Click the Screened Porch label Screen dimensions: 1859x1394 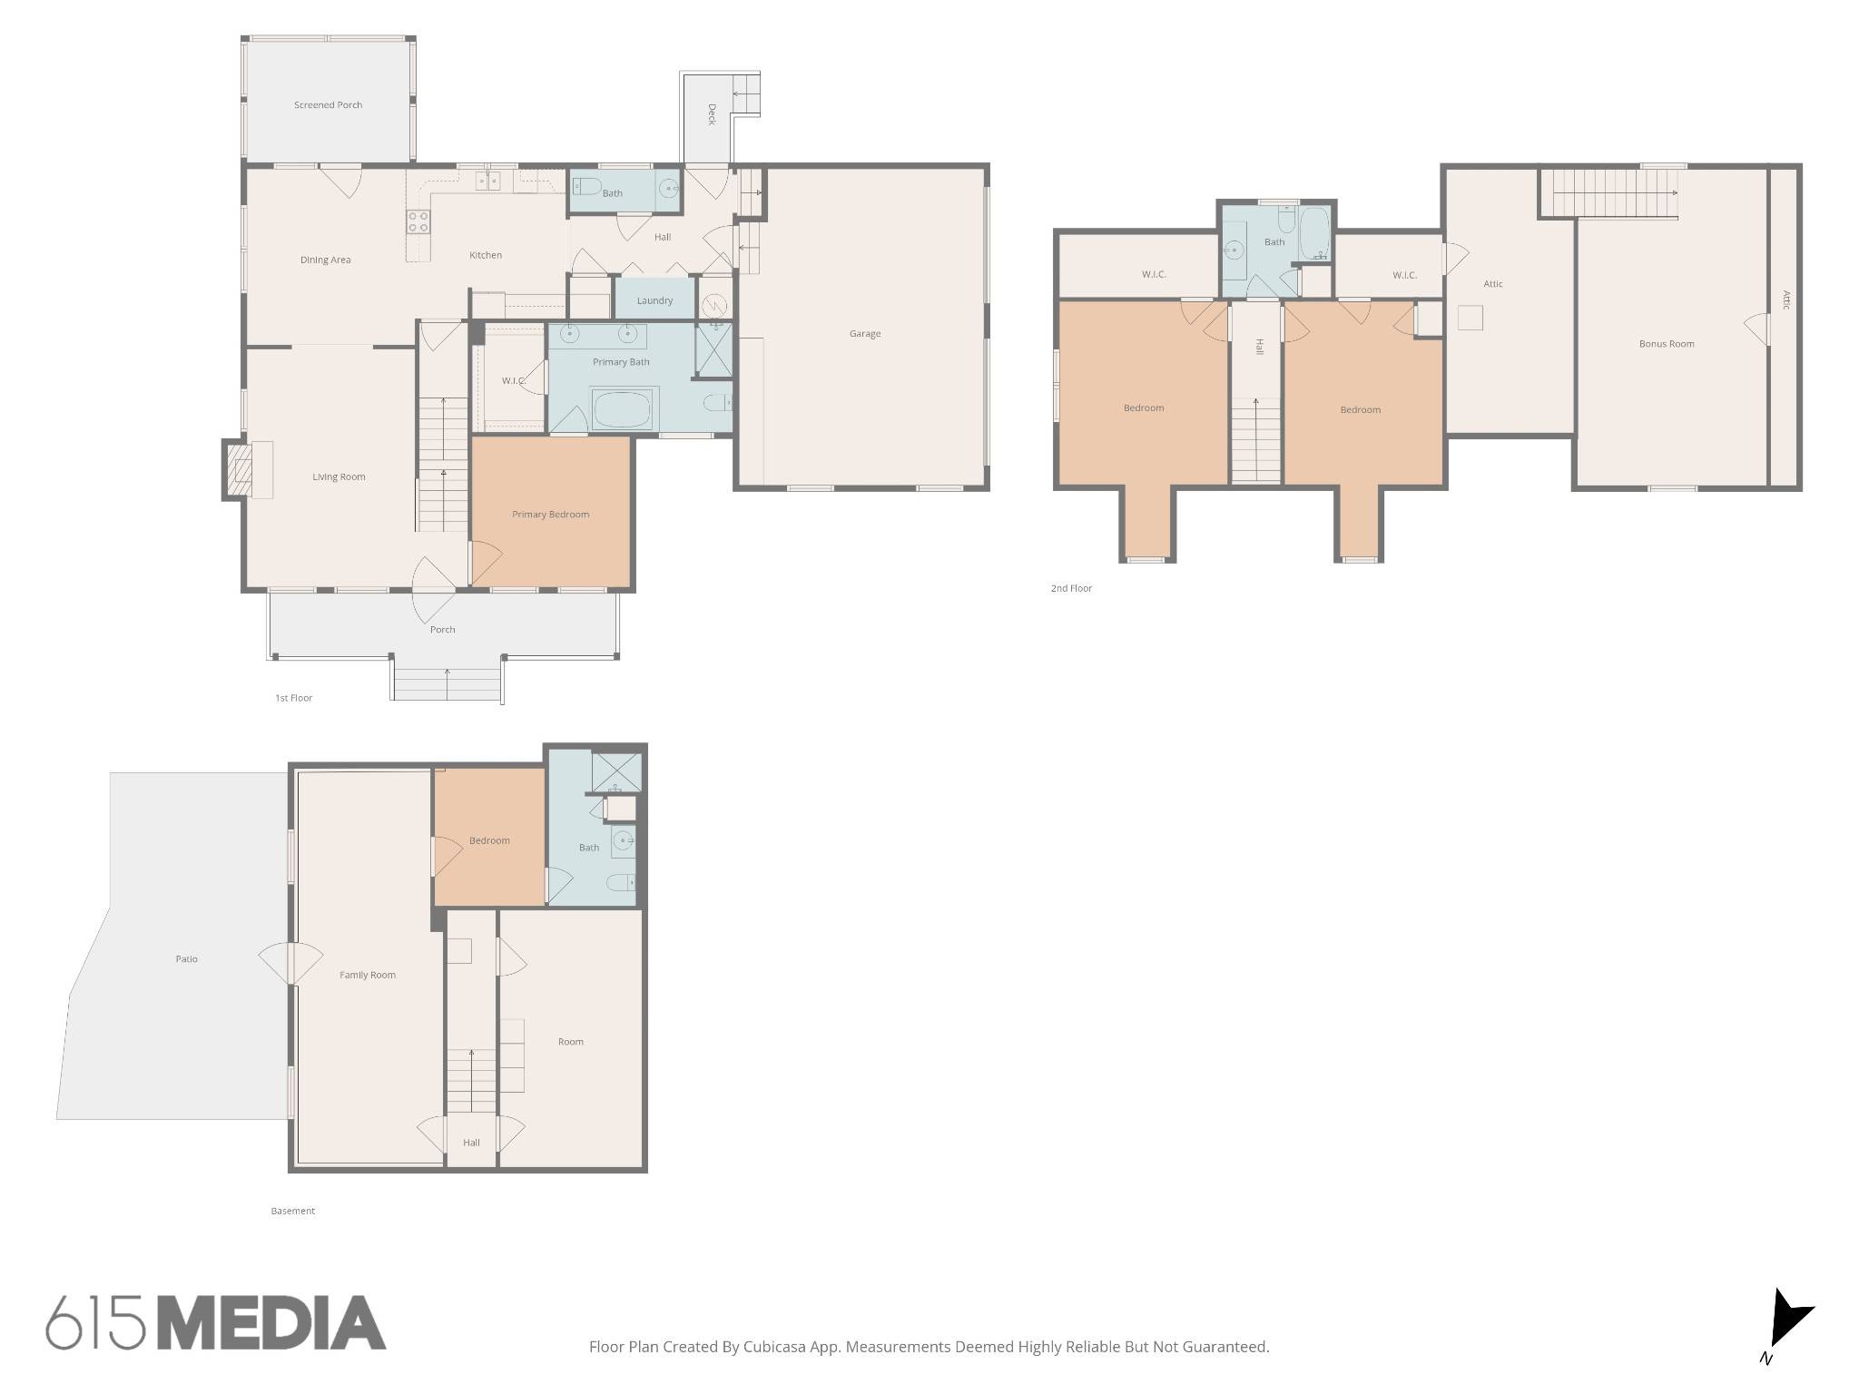coord(328,105)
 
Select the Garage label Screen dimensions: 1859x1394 coord(865,334)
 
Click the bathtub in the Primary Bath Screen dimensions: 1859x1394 coord(622,409)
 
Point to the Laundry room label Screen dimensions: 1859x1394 coord(654,301)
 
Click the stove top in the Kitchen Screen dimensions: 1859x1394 coord(418,221)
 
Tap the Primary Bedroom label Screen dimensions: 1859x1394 coord(550,515)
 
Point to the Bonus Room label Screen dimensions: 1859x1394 coord(1667,344)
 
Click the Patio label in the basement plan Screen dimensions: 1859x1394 coord(186,959)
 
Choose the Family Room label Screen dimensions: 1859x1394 coord(368,976)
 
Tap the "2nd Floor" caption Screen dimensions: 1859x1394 coord(1071,588)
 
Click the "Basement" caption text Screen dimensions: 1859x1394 coord(292,1211)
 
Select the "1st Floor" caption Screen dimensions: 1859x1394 coord(293,698)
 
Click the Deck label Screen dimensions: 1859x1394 coord(712,114)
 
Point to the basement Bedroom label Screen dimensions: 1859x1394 coord(489,840)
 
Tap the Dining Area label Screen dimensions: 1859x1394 coord(325,260)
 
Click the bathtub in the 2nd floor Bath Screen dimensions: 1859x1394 coord(1313,234)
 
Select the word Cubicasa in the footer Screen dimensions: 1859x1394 coord(779,1347)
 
